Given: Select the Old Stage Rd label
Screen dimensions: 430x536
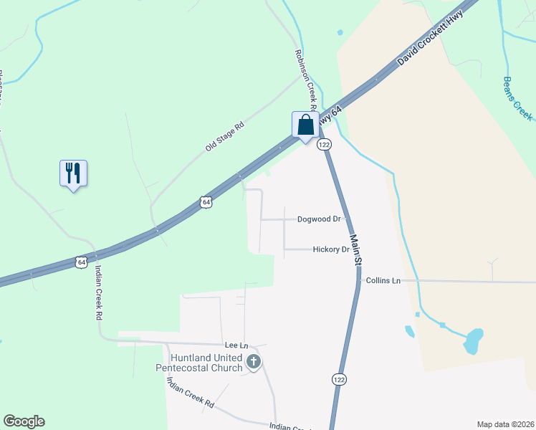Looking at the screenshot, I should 225,135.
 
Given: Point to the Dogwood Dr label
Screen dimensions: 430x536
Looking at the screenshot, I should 318,219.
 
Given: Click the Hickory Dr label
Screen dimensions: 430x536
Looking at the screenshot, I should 330,249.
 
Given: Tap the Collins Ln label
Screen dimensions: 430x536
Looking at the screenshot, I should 382,280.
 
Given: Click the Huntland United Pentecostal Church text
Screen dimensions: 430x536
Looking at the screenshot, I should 200,363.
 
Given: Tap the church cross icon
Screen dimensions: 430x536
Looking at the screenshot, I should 254,363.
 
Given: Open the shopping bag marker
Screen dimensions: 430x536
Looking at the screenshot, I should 306,125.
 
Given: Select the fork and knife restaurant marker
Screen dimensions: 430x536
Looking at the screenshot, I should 73,173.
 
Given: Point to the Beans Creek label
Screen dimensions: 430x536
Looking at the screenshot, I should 517,98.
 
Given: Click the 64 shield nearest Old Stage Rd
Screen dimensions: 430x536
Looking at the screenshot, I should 206,202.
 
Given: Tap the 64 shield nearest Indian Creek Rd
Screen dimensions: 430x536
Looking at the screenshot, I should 82,262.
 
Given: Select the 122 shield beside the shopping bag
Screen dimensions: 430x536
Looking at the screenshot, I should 325,145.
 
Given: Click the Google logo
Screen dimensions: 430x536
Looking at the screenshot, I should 24,421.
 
